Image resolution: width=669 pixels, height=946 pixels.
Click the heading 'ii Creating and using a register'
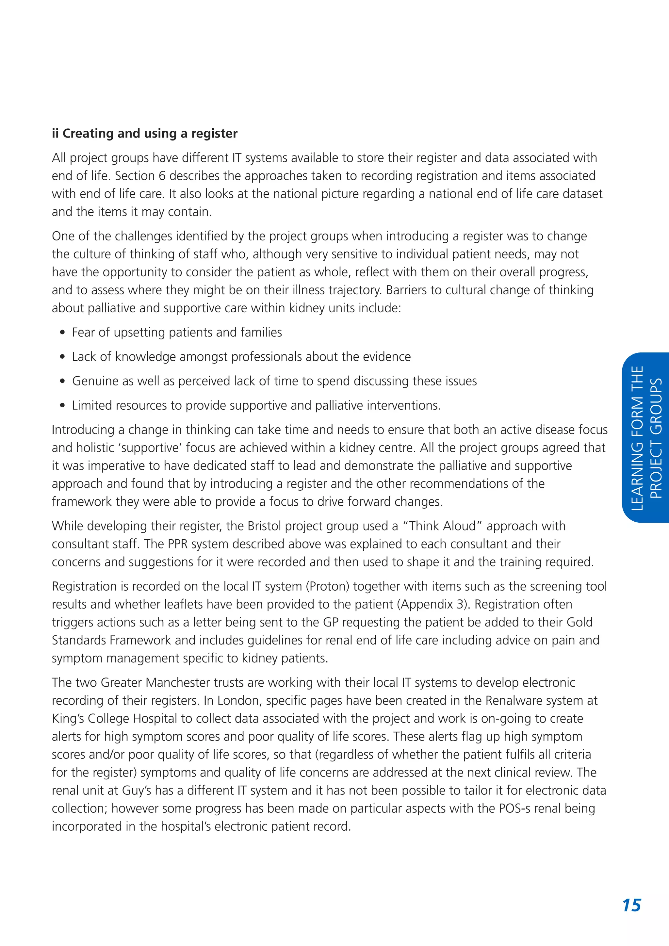coord(145,134)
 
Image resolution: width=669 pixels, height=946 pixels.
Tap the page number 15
coord(631,905)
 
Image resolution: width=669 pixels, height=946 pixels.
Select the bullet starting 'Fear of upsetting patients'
coord(177,333)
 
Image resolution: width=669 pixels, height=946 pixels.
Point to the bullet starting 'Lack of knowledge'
coord(241,357)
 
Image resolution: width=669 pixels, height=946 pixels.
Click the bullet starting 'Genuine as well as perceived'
coord(274,381)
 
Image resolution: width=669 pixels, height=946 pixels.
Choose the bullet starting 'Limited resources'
coord(256,405)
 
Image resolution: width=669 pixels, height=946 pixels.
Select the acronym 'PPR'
coord(178,544)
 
